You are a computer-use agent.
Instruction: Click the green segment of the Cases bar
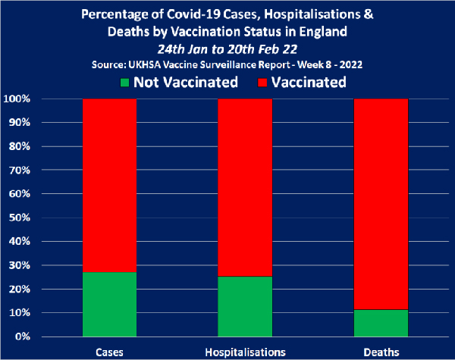(x=109, y=304)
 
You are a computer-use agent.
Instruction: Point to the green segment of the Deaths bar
(x=381, y=323)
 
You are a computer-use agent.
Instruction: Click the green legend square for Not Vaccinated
(x=126, y=82)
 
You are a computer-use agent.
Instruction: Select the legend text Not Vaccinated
(x=187, y=82)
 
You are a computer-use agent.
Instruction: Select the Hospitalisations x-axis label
(x=245, y=352)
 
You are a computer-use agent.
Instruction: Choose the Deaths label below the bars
(x=381, y=352)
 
